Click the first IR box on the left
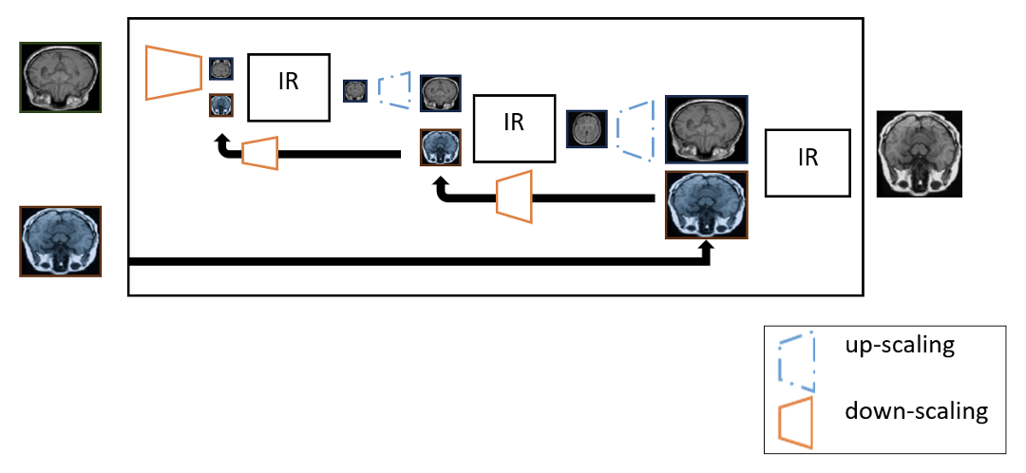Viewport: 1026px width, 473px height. [289, 87]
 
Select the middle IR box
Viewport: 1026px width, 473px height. [514, 127]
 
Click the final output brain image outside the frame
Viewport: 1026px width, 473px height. [919, 154]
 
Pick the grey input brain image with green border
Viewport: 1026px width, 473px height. [60, 78]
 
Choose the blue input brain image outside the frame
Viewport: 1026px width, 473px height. [61, 241]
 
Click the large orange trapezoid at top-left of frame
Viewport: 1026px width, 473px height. [174, 72]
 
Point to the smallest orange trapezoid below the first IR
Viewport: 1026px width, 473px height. [259, 153]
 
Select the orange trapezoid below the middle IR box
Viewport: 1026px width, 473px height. [514, 198]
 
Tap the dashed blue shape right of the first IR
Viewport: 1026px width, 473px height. [395, 89]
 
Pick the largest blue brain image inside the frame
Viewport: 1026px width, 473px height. [707, 204]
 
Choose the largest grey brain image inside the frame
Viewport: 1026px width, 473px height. [707, 129]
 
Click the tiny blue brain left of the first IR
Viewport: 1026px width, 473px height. [220, 104]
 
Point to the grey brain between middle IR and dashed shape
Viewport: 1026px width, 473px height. [586, 128]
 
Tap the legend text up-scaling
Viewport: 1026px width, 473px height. [899, 345]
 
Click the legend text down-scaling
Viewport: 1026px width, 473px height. [916, 411]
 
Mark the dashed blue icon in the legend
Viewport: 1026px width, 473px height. [796, 361]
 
